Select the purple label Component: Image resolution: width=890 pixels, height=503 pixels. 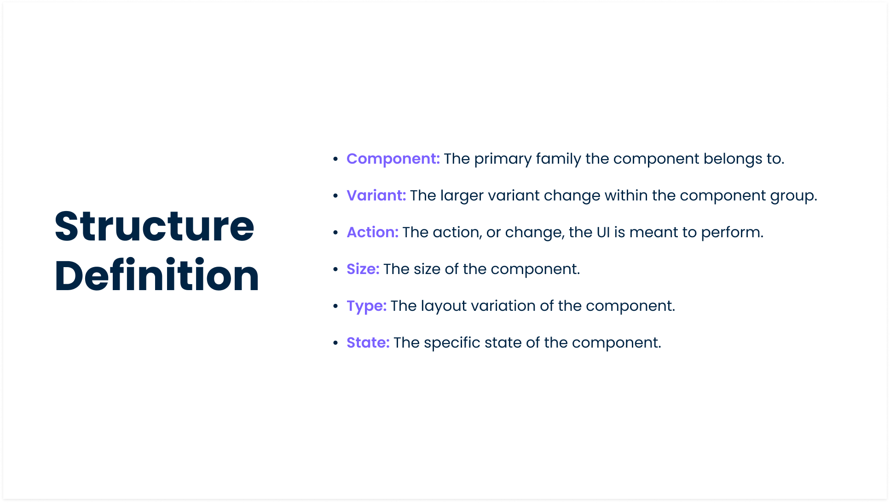[393, 159]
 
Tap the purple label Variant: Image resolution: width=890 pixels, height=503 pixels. [376, 195]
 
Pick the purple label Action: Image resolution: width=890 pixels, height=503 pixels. [372, 232]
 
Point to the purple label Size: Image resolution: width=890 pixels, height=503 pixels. [363, 269]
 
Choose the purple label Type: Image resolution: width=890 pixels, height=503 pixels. [366, 306]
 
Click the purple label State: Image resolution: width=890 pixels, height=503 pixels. [368, 343]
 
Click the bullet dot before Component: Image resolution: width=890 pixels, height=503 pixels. [335, 159]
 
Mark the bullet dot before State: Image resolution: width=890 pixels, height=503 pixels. [335, 343]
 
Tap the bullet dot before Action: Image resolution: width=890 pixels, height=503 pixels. [335, 233]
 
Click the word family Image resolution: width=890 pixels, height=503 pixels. [558, 159]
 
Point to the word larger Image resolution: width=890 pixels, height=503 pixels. [462, 196]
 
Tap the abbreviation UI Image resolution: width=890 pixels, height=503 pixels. [603, 232]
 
